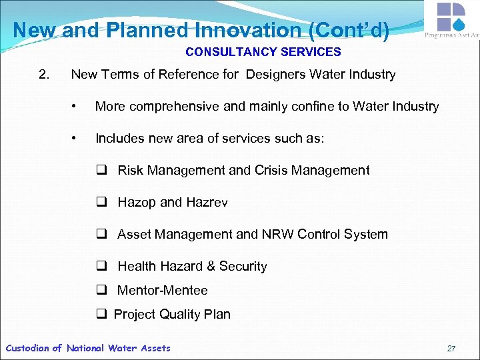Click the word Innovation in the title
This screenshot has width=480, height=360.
[x=247, y=31]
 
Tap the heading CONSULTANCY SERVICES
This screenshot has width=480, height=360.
[x=263, y=52]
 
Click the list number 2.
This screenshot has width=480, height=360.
[x=44, y=75]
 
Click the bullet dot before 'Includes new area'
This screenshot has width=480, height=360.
[x=79, y=139]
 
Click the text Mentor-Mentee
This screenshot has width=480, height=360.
[x=162, y=291]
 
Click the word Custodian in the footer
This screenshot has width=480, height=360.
[x=27, y=348]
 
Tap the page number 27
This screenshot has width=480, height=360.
[x=451, y=349]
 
